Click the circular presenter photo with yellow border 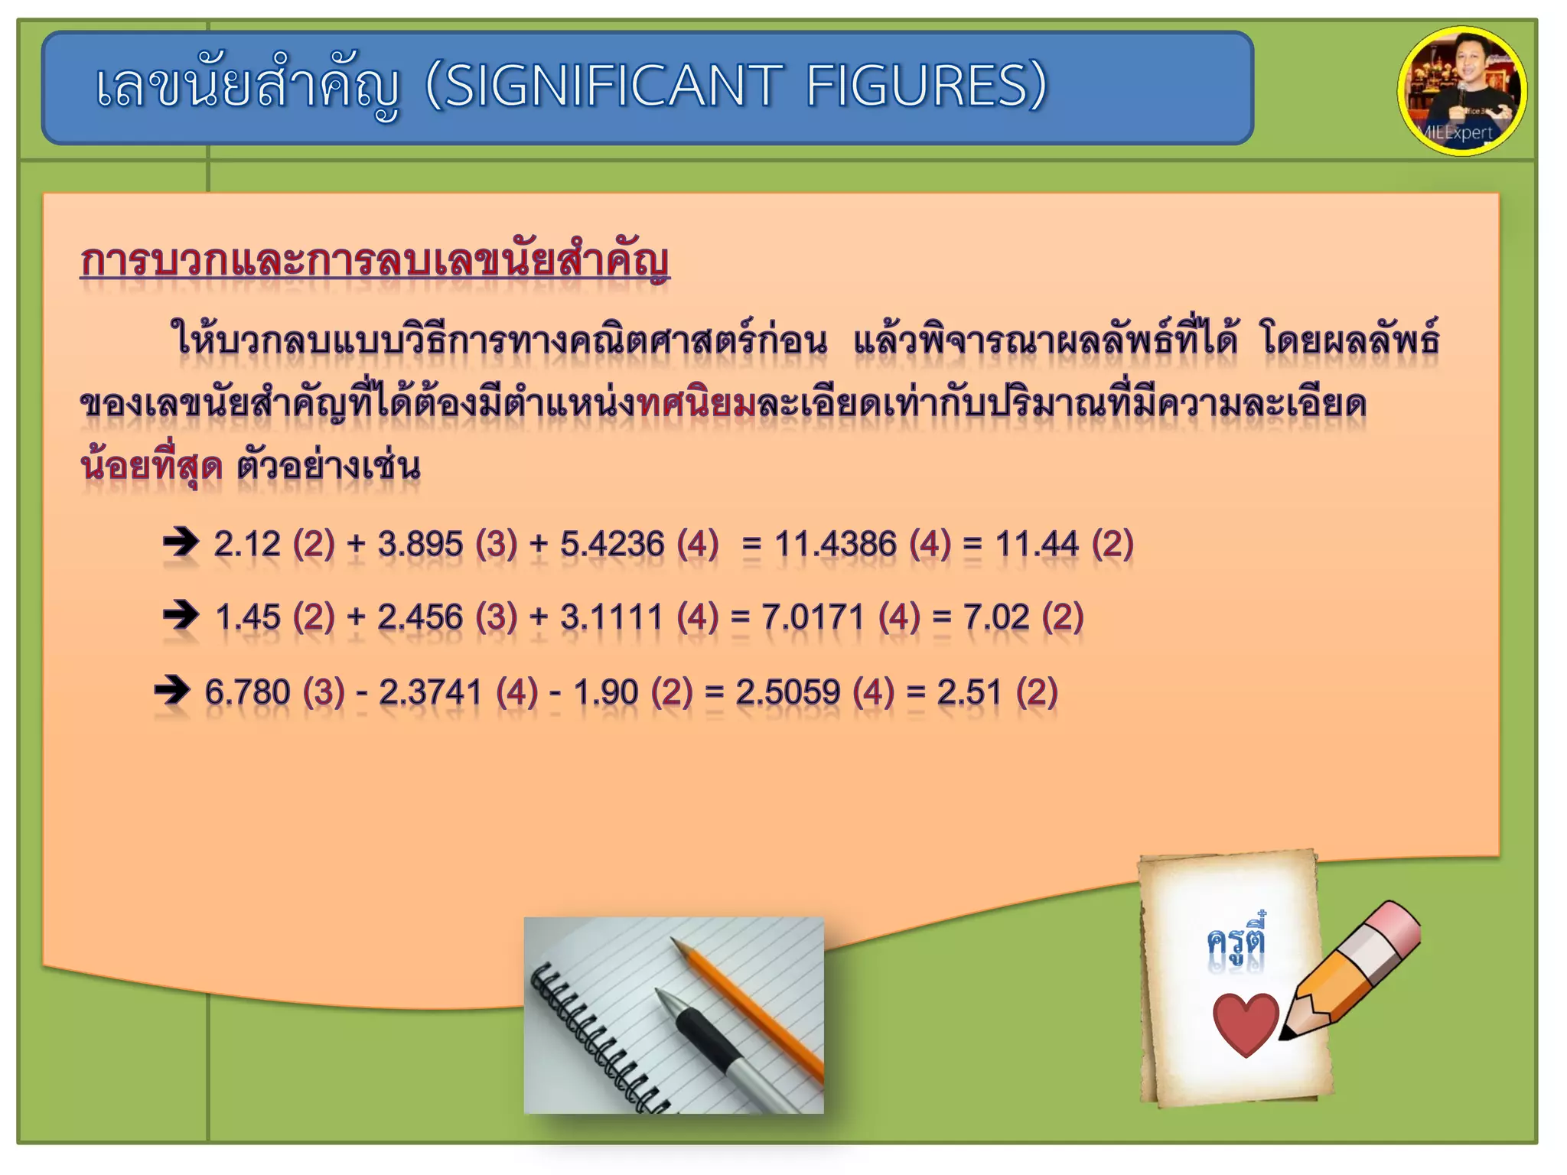pyautogui.click(x=1461, y=91)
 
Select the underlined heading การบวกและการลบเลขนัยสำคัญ pyautogui.click(x=375, y=261)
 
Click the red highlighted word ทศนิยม pyautogui.click(x=697, y=403)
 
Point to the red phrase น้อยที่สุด pyautogui.click(x=151, y=465)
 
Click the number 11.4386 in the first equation pyautogui.click(x=835, y=545)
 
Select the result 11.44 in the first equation pyautogui.click(x=1036, y=545)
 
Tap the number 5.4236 pyautogui.click(x=612, y=545)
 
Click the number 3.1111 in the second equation pyautogui.click(x=611, y=617)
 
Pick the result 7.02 pyautogui.click(x=996, y=617)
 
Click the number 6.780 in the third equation pyautogui.click(x=247, y=692)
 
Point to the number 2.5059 pyautogui.click(x=788, y=692)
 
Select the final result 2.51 pyautogui.click(x=969, y=692)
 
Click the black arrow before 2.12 pyautogui.click(x=181, y=542)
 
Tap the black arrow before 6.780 pyautogui.click(x=172, y=690)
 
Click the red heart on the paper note pyautogui.click(x=1246, y=1024)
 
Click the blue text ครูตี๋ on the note pyautogui.click(x=1236, y=940)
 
